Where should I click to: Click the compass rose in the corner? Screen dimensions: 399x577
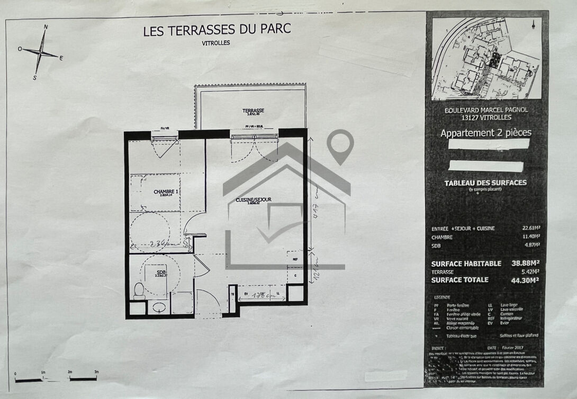pos(40,52)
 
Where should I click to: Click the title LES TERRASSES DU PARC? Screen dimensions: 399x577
pos(217,30)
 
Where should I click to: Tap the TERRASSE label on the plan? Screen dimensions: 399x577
pos(254,111)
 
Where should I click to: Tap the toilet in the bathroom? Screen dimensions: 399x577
pos(139,291)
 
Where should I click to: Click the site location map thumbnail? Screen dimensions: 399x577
pos(486,58)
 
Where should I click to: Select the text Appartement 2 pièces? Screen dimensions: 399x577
pos(485,133)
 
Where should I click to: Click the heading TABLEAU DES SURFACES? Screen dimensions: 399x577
pos(485,183)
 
